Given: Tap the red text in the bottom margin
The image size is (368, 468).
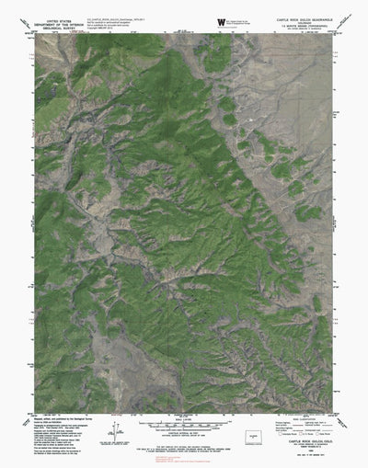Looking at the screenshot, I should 184,450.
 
